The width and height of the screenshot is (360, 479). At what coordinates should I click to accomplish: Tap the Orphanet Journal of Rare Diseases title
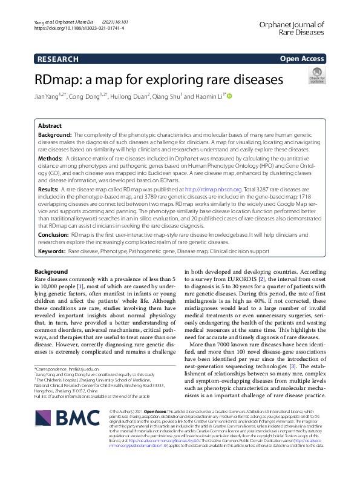(x=292, y=29)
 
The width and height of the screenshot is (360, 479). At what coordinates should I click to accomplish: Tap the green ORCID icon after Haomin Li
(x=230, y=96)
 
